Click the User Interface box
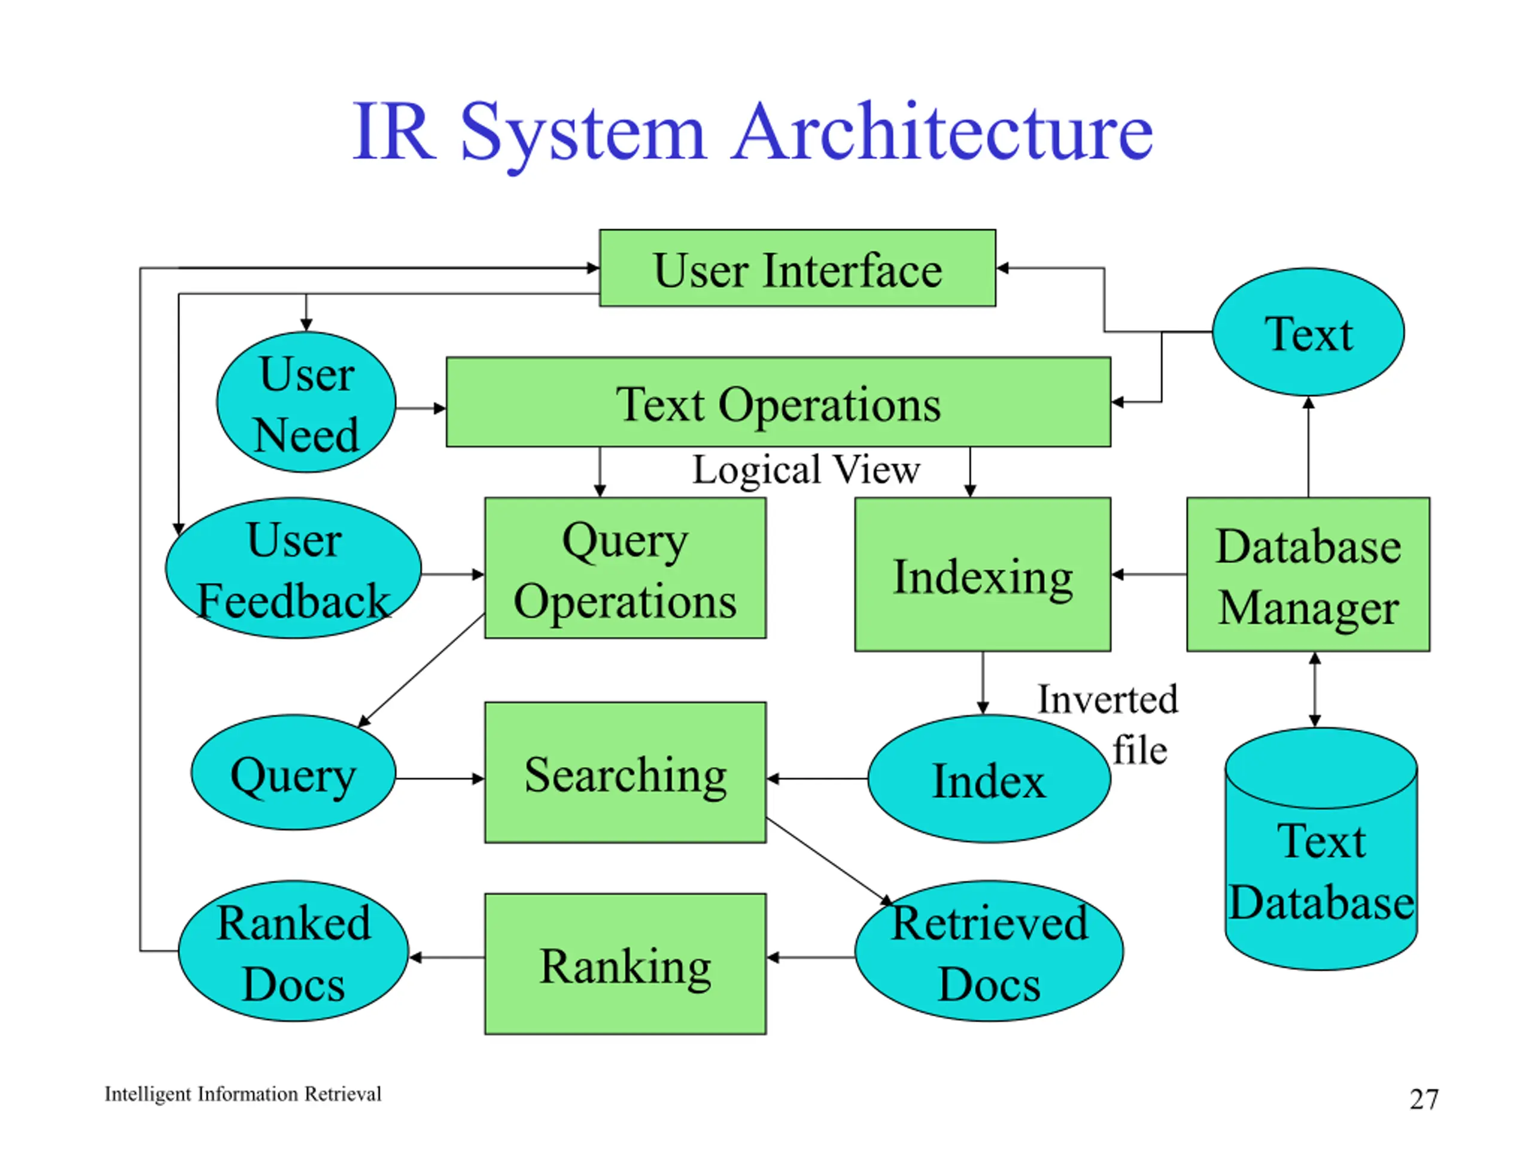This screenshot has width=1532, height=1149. coord(797,268)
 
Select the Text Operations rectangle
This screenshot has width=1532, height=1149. coord(779,402)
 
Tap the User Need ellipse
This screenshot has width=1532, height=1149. coord(306,402)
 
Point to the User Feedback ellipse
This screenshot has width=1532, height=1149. coord(293,568)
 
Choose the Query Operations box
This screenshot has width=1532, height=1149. coord(625,568)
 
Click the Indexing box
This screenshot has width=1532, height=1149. coord(983,574)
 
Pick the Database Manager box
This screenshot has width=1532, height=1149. coord(1308,574)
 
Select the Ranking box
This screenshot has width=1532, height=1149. coord(625,964)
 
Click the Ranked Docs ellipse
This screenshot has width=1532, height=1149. coord(293,951)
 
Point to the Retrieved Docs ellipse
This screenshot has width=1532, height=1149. coord(989,951)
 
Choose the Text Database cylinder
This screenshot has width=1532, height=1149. coord(1321,849)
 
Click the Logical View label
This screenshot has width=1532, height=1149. coord(806,470)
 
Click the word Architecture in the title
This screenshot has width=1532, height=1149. coord(943,131)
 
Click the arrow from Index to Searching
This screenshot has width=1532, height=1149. coord(817,779)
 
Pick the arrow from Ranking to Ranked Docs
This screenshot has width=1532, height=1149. coord(446,958)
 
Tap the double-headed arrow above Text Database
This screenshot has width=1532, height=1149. coord(1315,690)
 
